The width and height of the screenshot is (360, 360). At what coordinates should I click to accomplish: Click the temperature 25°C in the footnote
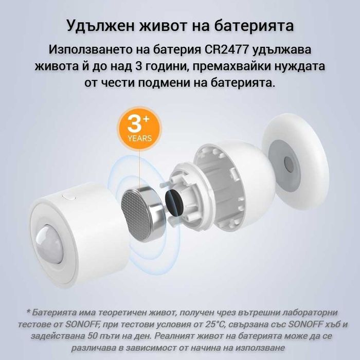226,323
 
